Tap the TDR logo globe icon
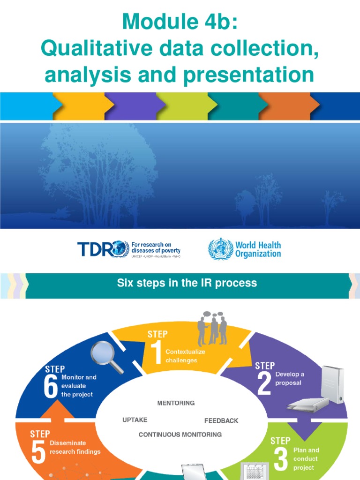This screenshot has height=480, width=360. click(x=119, y=249)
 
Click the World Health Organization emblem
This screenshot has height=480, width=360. click(x=220, y=249)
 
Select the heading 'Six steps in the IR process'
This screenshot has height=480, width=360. click(x=186, y=283)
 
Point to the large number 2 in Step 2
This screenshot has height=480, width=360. click(x=264, y=384)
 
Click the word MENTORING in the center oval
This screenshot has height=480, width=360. click(x=176, y=403)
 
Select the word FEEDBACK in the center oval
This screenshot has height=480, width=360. click(x=221, y=420)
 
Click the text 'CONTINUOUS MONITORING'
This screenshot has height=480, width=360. click(x=180, y=435)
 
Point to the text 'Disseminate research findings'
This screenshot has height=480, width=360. click(x=75, y=447)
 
